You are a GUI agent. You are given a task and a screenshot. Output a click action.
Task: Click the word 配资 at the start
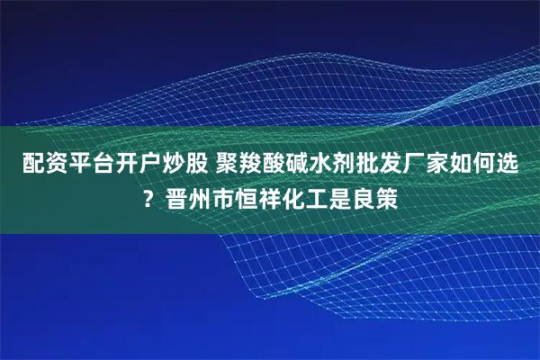[x=35, y=165]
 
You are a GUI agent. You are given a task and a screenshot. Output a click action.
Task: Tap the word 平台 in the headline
[x=84, y=165]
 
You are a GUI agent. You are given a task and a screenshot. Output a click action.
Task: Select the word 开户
[x=132, y=165]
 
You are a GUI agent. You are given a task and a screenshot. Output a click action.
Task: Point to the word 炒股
[x=180, y=165]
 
